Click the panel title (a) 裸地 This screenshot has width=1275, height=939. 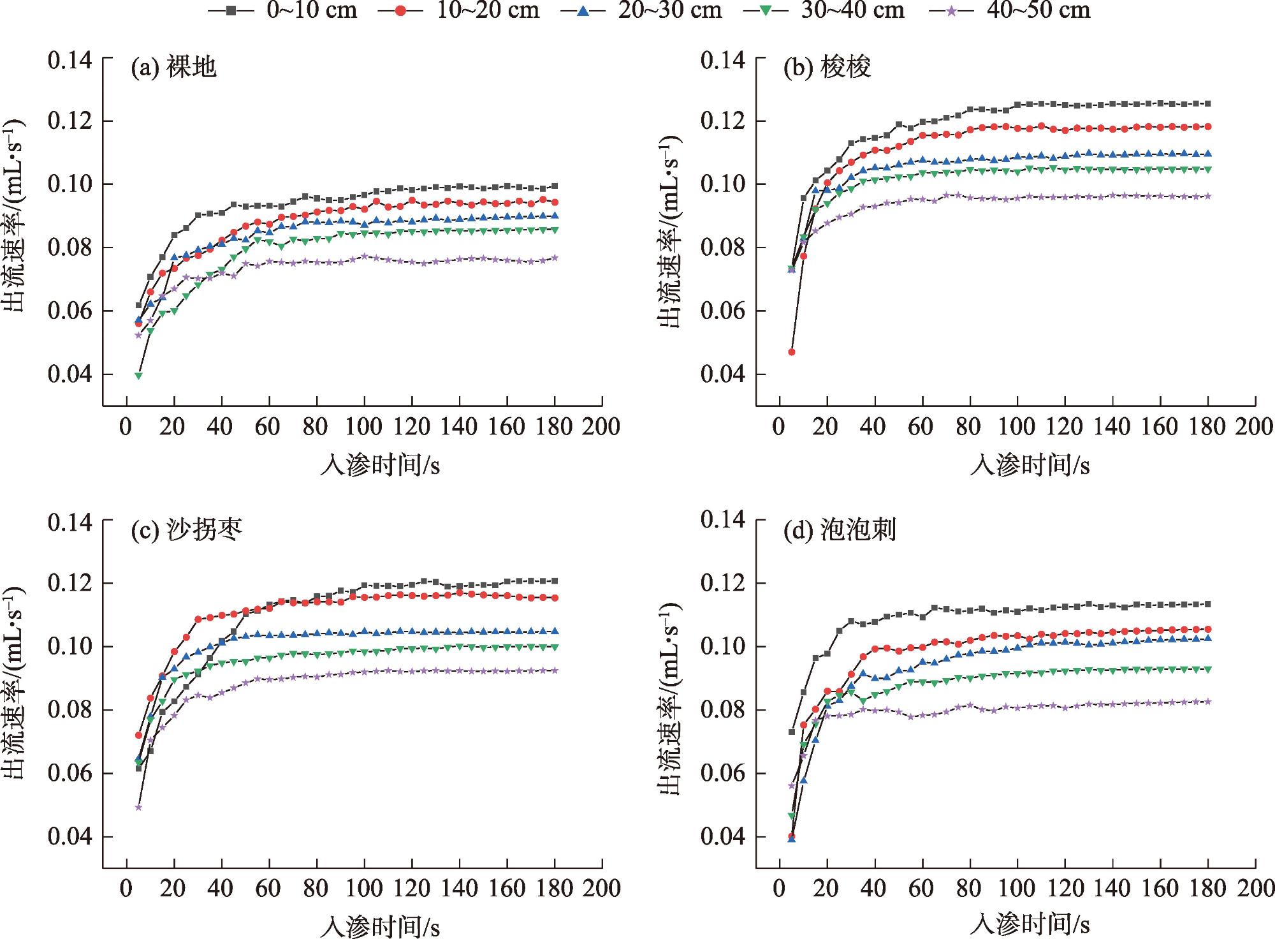[174, 67]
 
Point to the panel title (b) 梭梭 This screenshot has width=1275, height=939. [827, 67]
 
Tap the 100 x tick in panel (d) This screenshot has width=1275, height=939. [1017, 889]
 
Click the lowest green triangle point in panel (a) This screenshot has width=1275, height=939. [138, 376]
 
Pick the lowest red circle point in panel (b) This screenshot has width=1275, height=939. [792, 351]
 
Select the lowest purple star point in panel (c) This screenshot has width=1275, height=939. [138, 807]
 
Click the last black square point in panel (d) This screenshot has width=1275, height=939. [1207, 604]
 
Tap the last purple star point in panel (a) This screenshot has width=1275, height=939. [555, 258]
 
